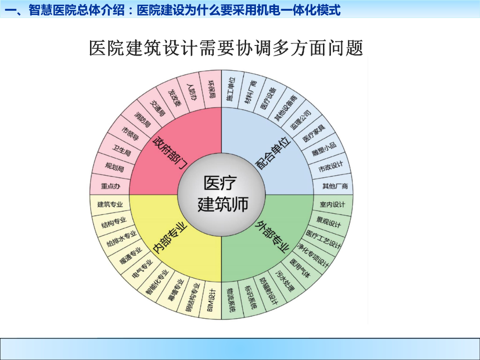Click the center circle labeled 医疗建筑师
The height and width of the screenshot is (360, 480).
pos(221,194)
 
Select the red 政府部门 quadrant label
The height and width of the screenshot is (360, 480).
pos(171,147)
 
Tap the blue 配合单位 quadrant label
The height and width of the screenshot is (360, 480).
pos(273,150)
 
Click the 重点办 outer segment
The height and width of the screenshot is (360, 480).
pos(111,186)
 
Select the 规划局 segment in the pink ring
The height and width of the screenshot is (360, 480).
pos(114,166)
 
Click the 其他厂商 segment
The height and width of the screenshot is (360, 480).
pos(335,186)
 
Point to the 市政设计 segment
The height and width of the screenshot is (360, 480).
pos(330,166)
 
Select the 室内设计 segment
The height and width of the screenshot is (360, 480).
pos(332,204)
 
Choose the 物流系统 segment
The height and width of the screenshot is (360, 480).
pos(231,299)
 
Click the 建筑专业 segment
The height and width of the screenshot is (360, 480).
pos(110,204)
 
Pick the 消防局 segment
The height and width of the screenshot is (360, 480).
pos(142,120)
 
